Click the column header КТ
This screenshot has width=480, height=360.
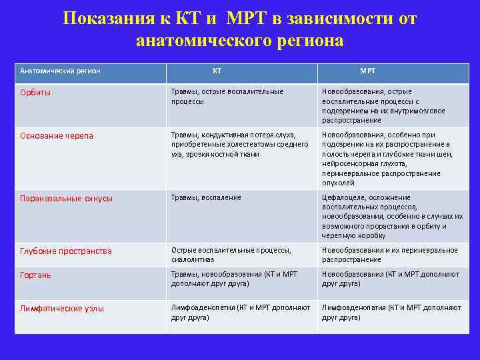[x=217, y=70]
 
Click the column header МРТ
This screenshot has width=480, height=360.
[x=367, y=70]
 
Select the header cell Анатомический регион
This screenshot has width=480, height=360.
[x=60, y=70]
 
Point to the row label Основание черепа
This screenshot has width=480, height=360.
[x=57, y=135]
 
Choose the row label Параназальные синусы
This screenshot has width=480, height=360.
[x=66, y=198]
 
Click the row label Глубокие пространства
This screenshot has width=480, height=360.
[x=66, y=251]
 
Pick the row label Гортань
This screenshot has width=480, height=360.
[x=35, y=275]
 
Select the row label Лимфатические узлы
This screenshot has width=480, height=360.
[x=62, y=308]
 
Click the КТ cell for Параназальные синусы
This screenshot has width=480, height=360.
[x=206, y=197]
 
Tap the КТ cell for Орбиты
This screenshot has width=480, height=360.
[x=227, y=96]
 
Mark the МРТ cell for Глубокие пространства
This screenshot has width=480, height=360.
[x=389, y=255]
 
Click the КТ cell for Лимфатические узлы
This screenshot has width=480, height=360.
[x=240, y=312]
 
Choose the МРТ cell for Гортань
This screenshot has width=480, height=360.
[x=390, y=279]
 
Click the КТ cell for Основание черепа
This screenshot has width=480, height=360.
[x=239, y=145]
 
